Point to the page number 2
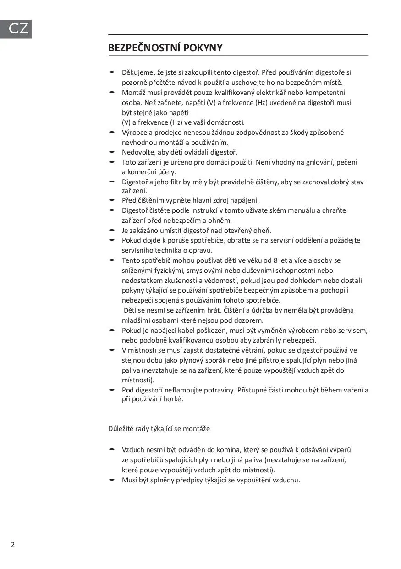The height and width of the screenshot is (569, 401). coord(13,545)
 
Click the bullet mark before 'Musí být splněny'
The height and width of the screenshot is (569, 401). coord(111,480)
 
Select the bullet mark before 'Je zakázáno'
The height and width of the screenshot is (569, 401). coord(111,230)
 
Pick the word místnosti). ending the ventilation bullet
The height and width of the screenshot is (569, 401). coord(138,381)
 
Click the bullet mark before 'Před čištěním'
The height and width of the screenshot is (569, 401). coord(111,200)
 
